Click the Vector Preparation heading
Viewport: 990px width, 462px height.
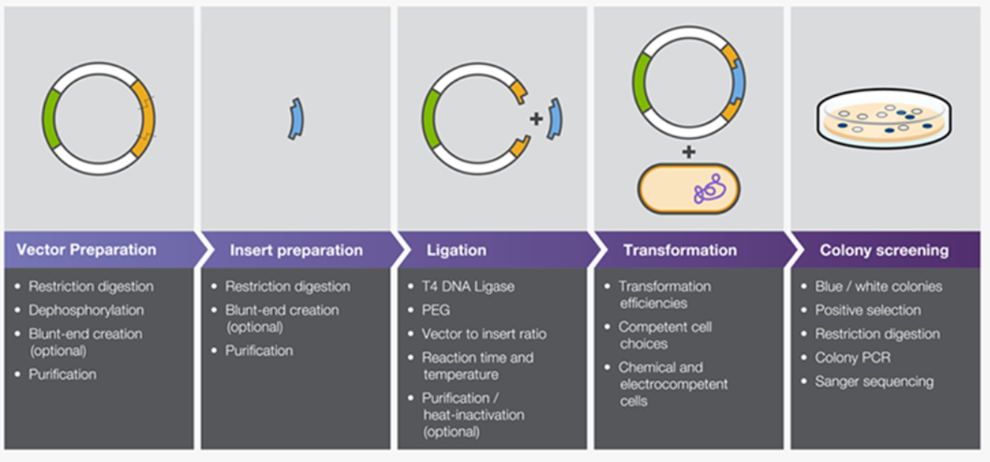point(87,250)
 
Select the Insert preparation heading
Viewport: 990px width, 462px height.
point(296,250)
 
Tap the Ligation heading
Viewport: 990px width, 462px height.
point(456,250)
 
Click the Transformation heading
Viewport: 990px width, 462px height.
point(679,250)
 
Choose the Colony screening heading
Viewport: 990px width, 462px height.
point(884,250)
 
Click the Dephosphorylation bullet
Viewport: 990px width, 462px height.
point(86,310)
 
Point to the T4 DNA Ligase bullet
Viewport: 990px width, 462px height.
point(468,286)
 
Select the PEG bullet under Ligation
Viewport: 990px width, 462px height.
point(436,310)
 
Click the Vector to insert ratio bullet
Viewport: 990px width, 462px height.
point(483,334)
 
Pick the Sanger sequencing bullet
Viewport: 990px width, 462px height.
point(874,382)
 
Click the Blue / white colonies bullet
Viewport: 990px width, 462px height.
point(879,286)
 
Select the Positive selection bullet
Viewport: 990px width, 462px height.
point(868,310)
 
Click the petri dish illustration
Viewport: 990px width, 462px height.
point(884,118)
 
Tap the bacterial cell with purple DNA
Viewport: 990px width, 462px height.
point(688,189)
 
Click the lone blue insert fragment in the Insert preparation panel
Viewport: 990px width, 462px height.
point(296,118)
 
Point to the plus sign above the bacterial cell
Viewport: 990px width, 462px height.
point(688,152)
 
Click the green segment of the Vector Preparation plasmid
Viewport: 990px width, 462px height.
point(50,118)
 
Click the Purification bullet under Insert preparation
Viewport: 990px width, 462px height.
point(259,350)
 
